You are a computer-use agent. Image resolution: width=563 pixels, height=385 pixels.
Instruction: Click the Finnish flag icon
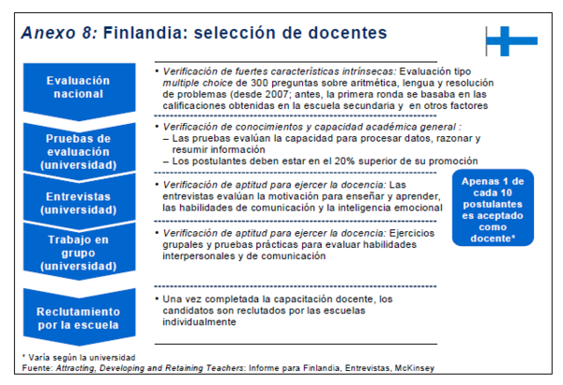[x=511, y=41]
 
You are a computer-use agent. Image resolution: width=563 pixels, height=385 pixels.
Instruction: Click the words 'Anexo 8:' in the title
[x=60, y=33]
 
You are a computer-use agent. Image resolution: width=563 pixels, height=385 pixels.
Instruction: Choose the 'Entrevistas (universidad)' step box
[x=80, y=203]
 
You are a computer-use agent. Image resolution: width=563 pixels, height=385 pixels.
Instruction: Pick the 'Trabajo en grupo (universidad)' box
[x=80, y=252]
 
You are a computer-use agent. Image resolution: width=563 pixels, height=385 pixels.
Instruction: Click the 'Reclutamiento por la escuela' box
[x=80, y=317]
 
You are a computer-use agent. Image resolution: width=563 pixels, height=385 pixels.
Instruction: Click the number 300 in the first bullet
[x=259, y=83]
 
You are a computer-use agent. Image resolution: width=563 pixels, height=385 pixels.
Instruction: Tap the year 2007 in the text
[x=277, y=94]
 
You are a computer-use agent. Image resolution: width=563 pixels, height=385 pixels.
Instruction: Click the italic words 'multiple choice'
[x=197, y=83]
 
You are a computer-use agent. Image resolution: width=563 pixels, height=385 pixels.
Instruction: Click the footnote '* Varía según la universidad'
[x=79, y=358]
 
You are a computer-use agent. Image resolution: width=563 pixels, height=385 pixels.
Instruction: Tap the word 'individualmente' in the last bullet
[x=199, y=322]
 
